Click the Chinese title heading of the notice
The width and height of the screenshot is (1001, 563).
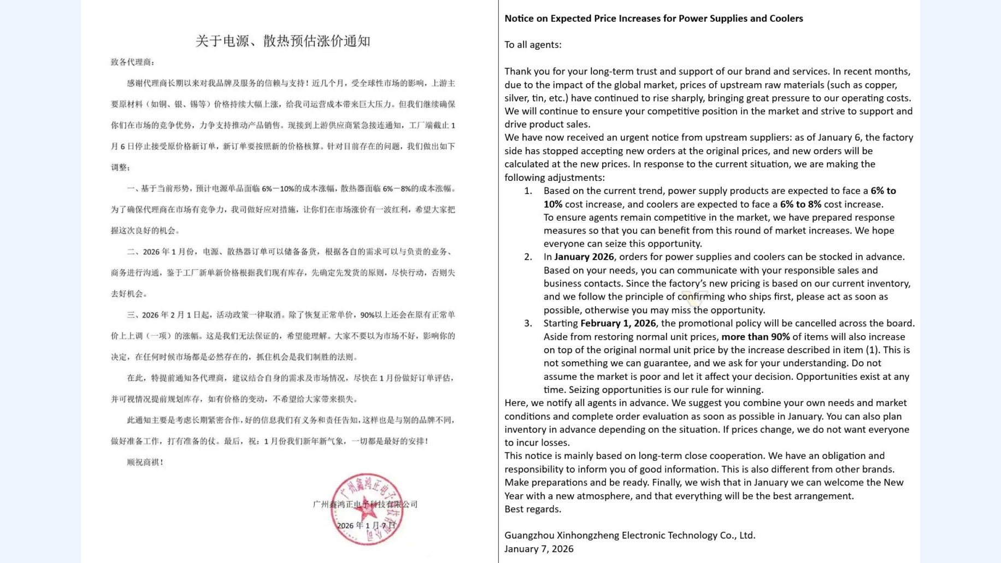coord(282,41)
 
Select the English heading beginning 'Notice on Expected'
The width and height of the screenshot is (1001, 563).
coord(653,19)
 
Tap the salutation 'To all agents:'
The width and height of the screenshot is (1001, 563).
coord(532,45)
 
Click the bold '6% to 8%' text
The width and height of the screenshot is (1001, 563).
coord(800,204)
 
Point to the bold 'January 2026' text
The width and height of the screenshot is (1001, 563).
coord(584,257)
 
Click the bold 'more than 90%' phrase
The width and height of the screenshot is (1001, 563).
coord(755,337)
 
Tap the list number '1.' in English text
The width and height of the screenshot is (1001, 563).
coord(528,191)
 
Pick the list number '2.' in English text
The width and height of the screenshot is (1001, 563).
coord(528,257)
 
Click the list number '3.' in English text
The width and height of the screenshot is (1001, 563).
coord(528,324)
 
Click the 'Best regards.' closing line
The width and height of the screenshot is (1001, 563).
coord(532,509)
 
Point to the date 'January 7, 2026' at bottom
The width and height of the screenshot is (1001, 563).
coord(538,549)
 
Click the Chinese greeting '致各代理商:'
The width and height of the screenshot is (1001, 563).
coord(132,62)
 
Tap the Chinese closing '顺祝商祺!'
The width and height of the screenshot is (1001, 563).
coord(145,462)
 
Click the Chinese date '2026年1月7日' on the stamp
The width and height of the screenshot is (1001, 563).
coord(366,526)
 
